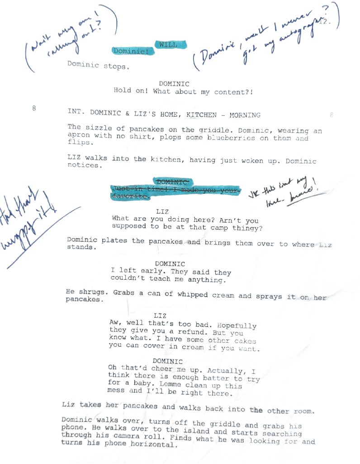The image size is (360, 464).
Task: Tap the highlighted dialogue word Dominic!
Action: point(133,52)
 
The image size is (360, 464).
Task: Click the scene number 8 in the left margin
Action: point(34,108)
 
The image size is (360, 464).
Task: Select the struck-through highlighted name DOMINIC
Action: point(172,181)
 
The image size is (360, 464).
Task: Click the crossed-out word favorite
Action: point(131,196)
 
